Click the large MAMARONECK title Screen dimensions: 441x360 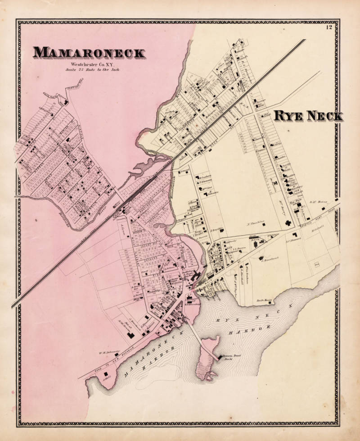point(89,52)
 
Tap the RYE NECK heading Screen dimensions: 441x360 point(308,116)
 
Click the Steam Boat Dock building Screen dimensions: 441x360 point(220,357)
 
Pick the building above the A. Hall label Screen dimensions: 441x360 point(107,374)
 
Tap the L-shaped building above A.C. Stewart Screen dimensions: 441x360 point(295,235)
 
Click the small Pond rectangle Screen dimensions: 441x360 point(317,264)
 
